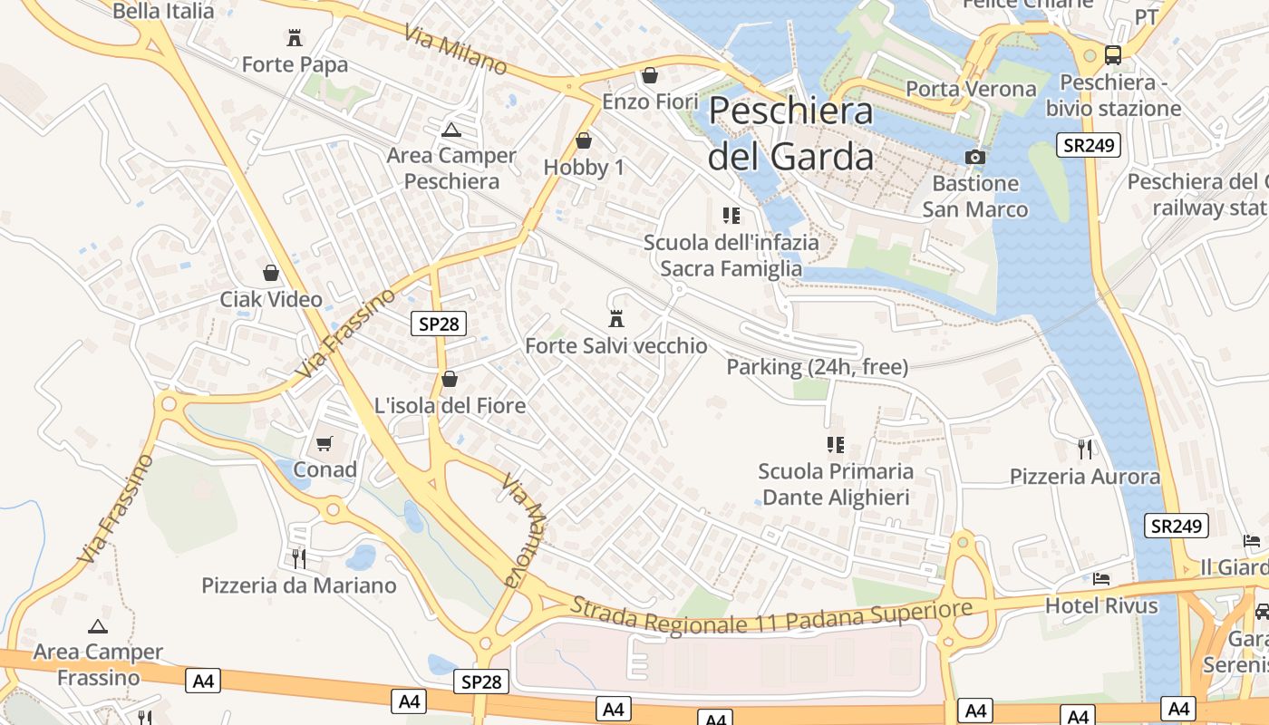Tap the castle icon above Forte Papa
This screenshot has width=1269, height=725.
[x=295, y=38]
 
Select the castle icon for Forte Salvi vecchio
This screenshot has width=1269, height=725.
[x=616, y=319]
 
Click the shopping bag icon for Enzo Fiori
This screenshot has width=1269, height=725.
[x=649, y=75]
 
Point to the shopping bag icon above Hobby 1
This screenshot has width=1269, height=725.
[x=584, y=141]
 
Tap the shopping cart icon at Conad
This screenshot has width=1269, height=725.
[x=325, y=443]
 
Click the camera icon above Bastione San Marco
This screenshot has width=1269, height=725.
[x=975, y=157]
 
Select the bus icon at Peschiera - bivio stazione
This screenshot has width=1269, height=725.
[x=1113, y=54]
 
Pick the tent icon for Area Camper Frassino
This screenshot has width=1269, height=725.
[x=98, y=626]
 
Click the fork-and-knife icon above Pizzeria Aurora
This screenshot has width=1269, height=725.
[x=1084, y=449]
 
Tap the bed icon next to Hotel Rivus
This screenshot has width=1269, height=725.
[x=1101, y=578]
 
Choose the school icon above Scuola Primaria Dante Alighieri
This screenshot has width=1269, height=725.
[x=835, y=445]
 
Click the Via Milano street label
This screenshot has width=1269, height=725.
[x=456, y=50]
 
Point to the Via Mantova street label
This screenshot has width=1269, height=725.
[x=525, y=530]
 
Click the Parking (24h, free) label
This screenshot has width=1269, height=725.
[x=817, y=367]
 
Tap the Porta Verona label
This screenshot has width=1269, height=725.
[x=971, y=89]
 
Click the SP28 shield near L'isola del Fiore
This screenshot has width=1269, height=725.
[x=439, y=324]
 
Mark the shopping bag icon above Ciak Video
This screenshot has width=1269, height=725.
[x=270, y=273]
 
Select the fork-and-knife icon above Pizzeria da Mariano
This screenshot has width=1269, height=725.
[x=298, y=558]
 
